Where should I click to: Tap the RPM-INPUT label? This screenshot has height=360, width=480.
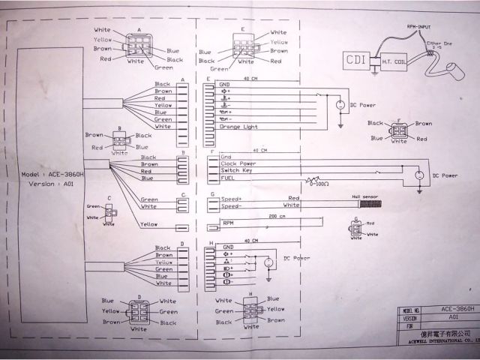pos(420,26)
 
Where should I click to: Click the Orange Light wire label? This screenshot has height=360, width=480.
pos(238,127)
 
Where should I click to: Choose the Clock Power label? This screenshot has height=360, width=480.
pos(238,163)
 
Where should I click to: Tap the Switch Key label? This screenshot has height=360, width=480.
pos(236,170)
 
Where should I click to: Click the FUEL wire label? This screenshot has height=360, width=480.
pos(226,178)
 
